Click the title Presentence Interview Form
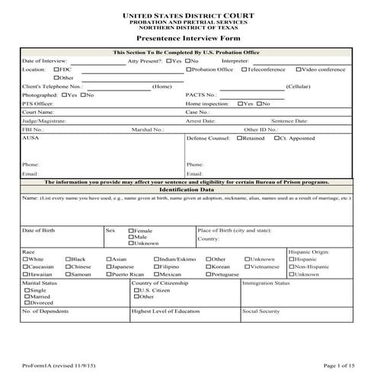click(x=187, y=36)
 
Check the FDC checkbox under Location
click(x=57, y=69)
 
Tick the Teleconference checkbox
click(x=244, y=69)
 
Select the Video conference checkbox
click(x=299, y=69)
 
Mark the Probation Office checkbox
click(x=189, y=69)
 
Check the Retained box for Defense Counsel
click(x=238, y=139)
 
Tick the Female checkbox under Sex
click(x=132, y=230)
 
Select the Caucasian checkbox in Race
click(x=25, y=267)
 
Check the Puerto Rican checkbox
click(x=107, y=274)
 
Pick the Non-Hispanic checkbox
click(x=292, y=267)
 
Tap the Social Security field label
click(x=260, y=312)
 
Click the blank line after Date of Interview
click(x=98, y=61)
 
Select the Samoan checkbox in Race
click(x=69, y=274)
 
